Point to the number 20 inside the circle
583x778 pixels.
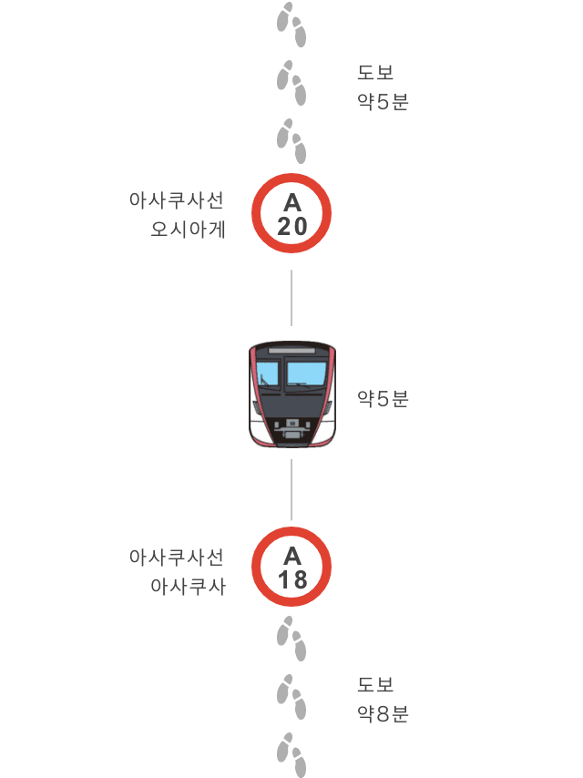292,227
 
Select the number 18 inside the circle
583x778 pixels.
292,580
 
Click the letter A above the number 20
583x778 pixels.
292,203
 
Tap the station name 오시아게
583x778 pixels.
188,230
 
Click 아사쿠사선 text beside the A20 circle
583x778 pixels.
177,200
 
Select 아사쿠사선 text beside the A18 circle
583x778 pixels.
177,557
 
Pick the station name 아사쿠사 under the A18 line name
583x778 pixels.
188,586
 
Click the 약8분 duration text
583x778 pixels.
383,714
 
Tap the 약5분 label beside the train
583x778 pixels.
383,398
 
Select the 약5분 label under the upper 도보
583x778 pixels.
383,102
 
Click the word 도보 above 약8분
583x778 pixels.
375,685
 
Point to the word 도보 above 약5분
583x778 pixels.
375,73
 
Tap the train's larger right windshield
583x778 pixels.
306,373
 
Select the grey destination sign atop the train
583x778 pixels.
291,351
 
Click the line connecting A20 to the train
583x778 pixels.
291,298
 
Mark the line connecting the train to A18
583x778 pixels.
291,489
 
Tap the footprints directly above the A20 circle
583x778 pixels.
291,141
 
